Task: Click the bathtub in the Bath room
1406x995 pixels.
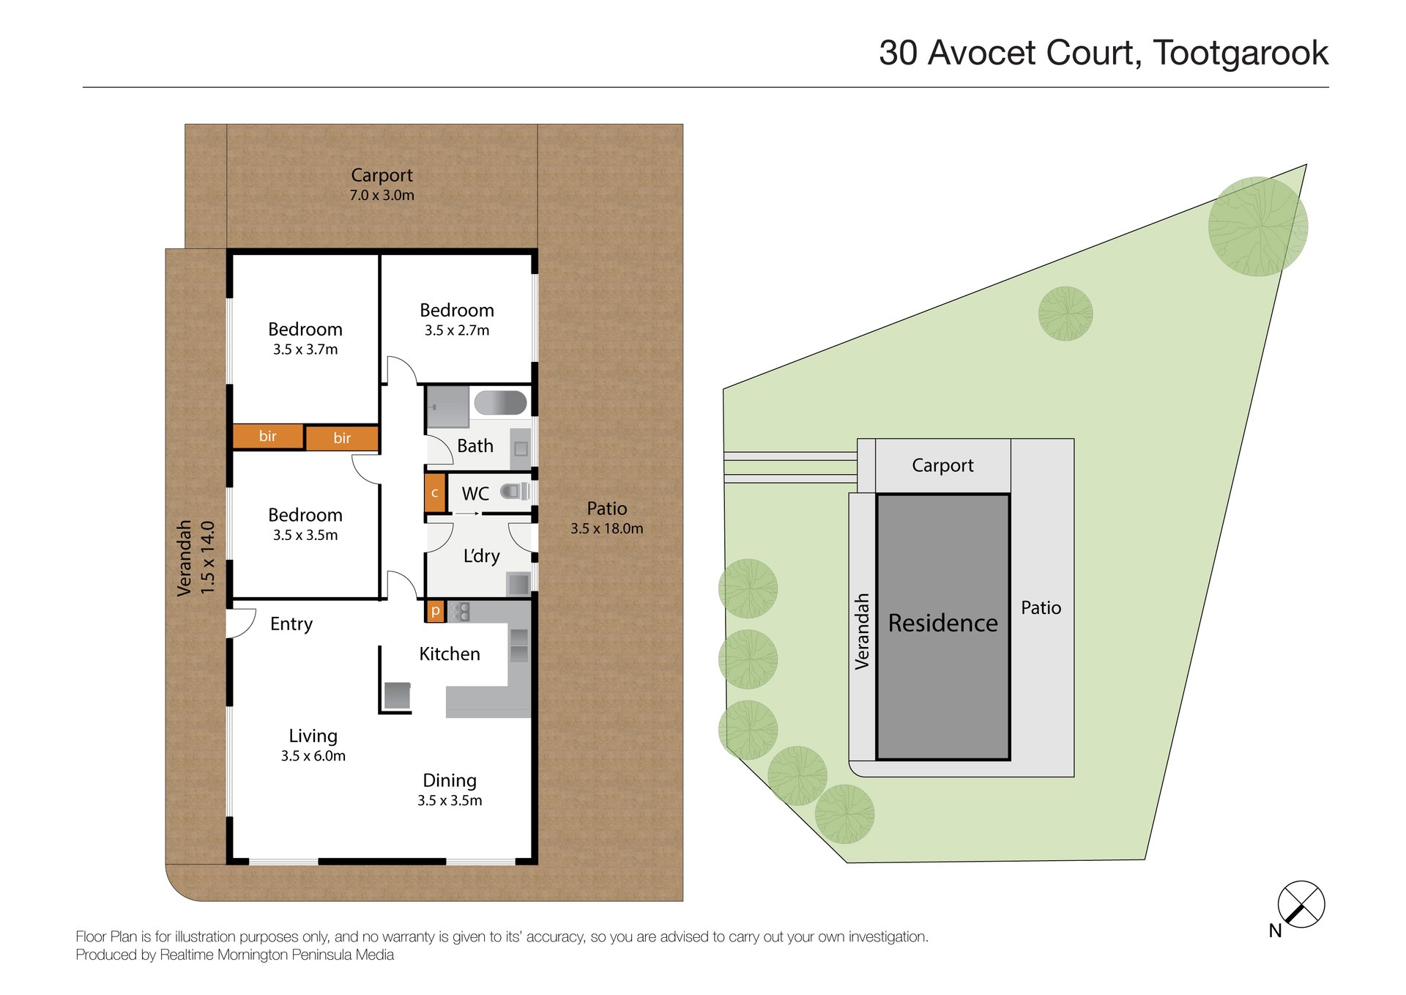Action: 500,403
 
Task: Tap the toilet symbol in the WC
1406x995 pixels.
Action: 513,492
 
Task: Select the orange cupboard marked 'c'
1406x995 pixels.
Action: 434,493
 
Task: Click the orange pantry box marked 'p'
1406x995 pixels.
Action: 435,610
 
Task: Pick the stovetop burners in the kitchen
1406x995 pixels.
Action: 460,612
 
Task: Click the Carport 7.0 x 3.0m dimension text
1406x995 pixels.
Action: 382,196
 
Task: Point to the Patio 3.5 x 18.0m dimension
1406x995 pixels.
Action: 606,528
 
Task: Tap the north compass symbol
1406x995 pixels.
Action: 1301,904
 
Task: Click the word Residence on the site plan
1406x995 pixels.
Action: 942,623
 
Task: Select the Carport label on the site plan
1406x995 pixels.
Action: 942,465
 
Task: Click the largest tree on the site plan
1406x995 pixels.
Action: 1257,226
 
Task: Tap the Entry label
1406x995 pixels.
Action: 291,624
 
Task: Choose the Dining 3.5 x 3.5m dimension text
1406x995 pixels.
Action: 450,801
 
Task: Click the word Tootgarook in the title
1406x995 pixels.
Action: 1241,53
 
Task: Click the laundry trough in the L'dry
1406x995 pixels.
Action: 518,584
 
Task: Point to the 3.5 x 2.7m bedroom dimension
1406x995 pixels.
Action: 457,330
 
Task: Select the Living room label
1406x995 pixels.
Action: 313,736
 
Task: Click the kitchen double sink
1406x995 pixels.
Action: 518,645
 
